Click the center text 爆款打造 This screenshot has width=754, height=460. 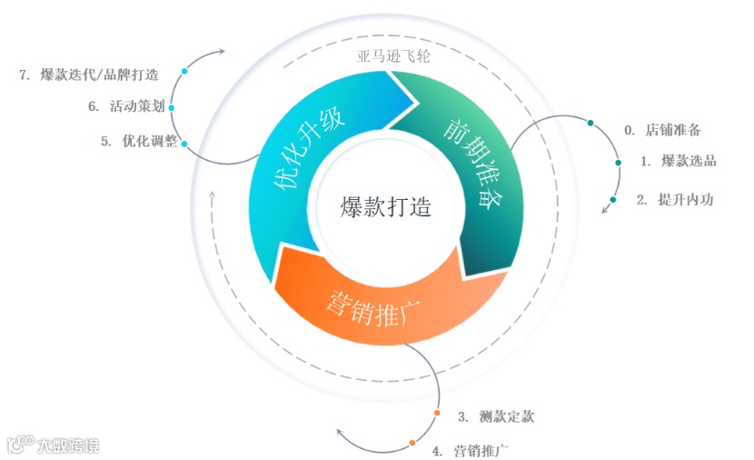[x=385, y=206]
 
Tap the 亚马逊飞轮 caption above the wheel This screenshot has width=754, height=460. [x=394, y=55]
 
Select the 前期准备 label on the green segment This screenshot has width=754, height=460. [x=472, y=163]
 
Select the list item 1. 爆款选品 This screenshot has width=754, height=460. [x=678, y=161]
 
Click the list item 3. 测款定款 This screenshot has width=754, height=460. [x=495, y=417]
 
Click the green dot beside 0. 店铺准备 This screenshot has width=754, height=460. [x=590, y=123]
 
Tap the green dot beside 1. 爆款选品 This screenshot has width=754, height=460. [x=619, y=163]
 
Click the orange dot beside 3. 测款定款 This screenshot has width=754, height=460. [x=437, y=413]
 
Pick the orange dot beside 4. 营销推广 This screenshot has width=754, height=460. [x=412, y=443]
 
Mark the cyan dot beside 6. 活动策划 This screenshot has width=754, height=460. [x=172, y=106]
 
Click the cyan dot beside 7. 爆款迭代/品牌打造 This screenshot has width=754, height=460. [x=184, y=71]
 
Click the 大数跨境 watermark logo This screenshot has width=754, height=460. [x=53, y=445]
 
